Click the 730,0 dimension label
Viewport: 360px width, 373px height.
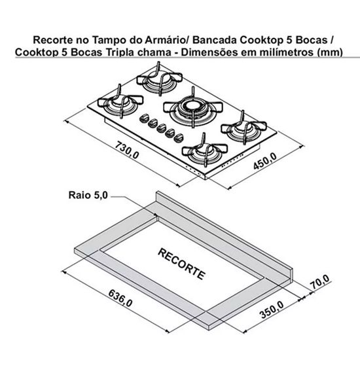pos(127,150)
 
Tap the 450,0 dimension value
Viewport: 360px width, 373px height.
pos(265,161)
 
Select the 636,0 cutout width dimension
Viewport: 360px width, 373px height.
pos(120,298)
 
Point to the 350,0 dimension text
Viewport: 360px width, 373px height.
pos(272,310)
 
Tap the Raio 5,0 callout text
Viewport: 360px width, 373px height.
pos(88,195)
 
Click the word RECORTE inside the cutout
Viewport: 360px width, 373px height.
pos(181,264)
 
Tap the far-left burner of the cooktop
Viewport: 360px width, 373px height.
pos(120,102)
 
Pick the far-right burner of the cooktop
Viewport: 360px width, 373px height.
pos(243,128)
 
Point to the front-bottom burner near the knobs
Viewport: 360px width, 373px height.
pos(205,151)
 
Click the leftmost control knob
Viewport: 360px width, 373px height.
pos(144,118)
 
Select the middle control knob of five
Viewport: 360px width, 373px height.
pos(161,128)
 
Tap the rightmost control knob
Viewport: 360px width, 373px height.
pos(178,138)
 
